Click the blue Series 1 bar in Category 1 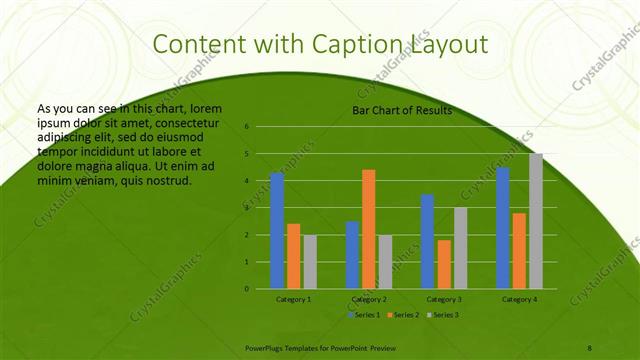(277, 230)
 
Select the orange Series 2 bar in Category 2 (368, 229)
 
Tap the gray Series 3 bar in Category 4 (536, 221)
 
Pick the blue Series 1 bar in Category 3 (427, 241)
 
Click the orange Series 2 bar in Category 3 (444, 264)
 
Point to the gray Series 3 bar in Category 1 (310, 261)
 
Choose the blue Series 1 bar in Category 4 (503, 227)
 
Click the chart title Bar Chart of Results (402, 110)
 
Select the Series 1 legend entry (363, 314)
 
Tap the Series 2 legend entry (402, 314)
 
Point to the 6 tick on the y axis (247, 127)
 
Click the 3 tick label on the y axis (247, 208)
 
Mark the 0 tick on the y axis (247, 289)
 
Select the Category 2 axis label (369, 299)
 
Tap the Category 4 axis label (519, 299)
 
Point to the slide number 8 (590, 346)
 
